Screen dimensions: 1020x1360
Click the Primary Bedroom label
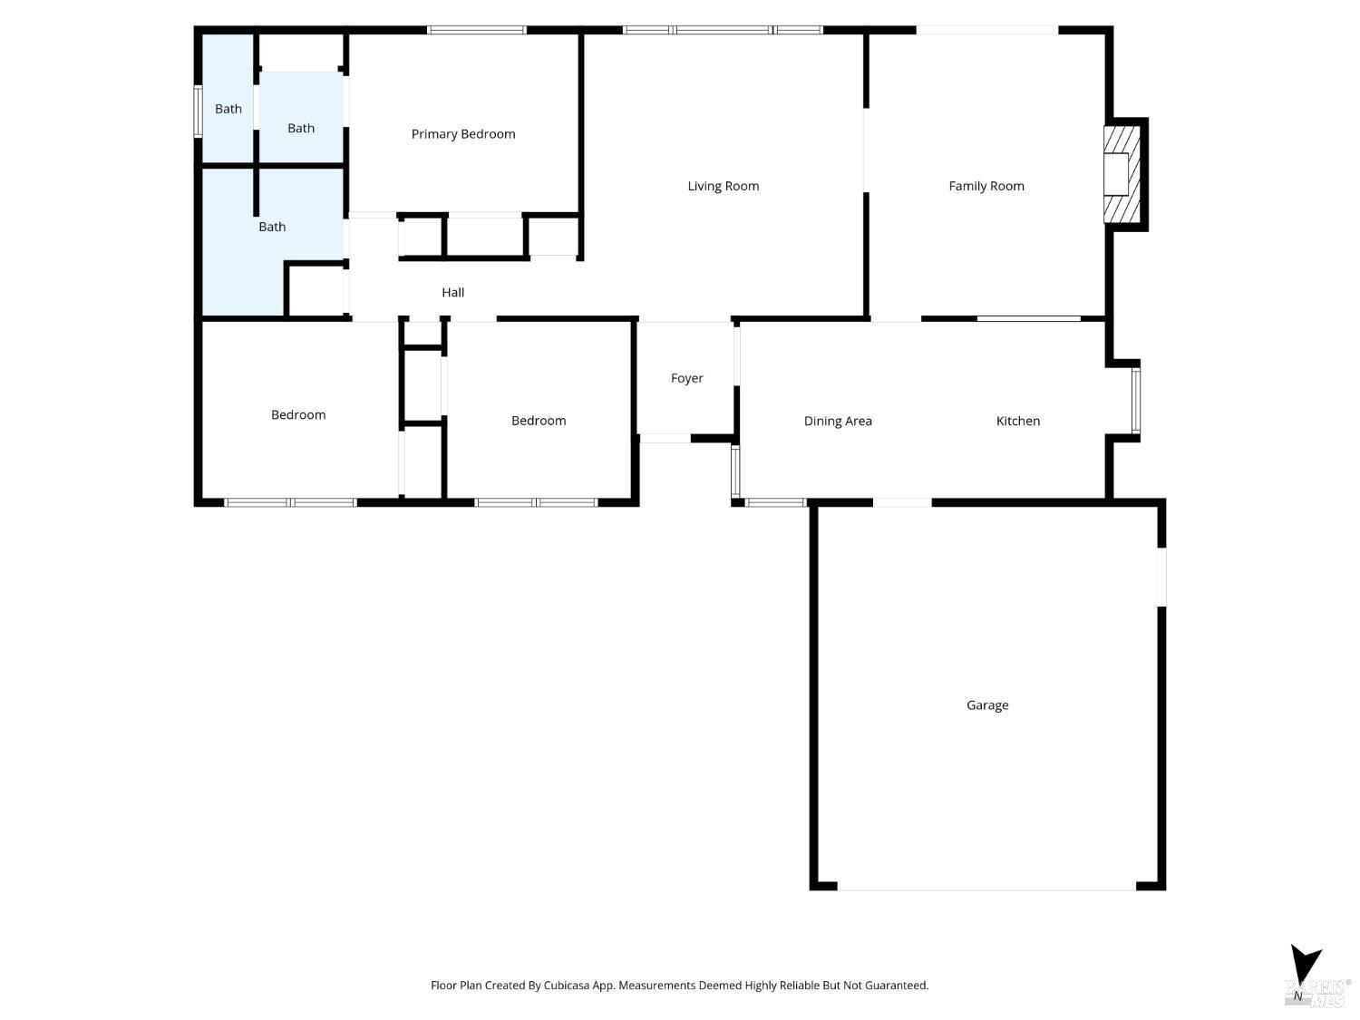tap(463, 134)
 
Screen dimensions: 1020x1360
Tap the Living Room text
tap(723, 186)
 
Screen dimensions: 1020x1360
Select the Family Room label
tap(986, 186)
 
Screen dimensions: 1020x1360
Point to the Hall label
tap(452, 292)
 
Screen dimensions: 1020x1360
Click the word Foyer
tap(686, 378)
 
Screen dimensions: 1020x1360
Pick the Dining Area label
tap(837, 421)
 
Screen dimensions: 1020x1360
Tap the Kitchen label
tap(1017, 421)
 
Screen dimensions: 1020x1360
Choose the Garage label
tap(986, 704)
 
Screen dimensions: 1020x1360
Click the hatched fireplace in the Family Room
tap(1121, 174)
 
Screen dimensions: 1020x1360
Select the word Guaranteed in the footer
tap(896, 986)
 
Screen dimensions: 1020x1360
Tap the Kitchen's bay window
tap(1136, 400)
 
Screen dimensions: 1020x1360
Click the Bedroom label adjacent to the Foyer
tap(538, 421)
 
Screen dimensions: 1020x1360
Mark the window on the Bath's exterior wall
tap(198, 112)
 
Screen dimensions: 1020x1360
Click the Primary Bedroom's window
tap(477, 30)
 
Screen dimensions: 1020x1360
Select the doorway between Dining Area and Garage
tap(902, 501)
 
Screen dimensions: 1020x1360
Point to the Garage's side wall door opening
tap(1161, 576)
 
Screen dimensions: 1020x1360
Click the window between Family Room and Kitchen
tap(1028, 318)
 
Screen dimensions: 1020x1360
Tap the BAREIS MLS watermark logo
tap(1316, 993)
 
